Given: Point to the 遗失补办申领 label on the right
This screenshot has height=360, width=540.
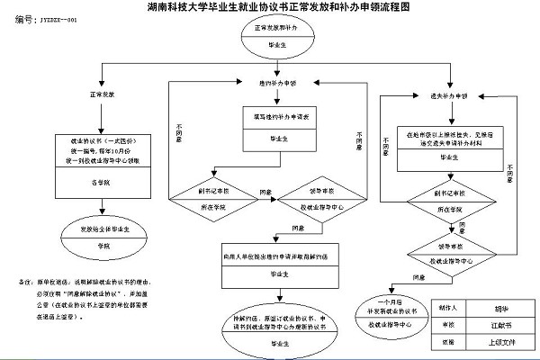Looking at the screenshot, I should click(x=447, y=94).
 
